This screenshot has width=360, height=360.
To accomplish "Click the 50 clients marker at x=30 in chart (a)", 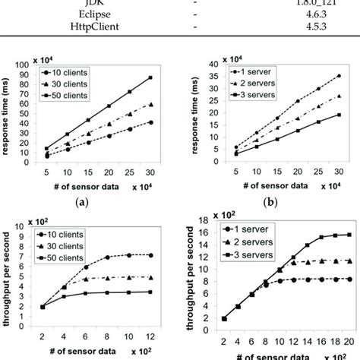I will (151, 77).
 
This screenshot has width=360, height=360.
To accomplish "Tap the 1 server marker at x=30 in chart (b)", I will (339, 76).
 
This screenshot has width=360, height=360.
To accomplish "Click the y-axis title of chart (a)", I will (9, 114).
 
